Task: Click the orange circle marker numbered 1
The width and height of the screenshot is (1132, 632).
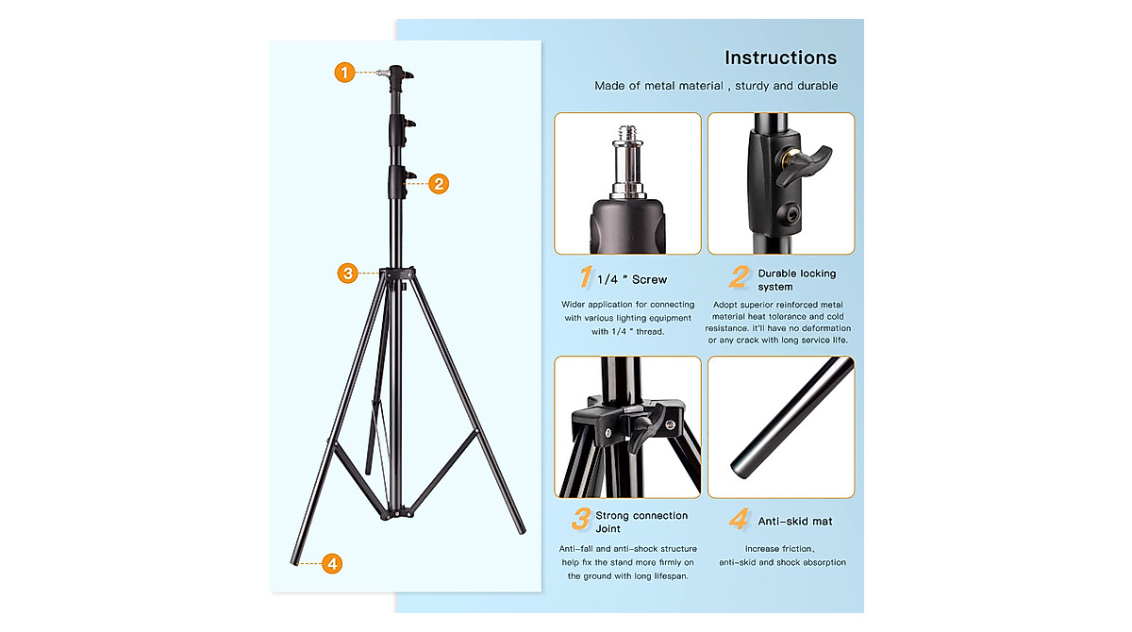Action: click(x=345, y=72)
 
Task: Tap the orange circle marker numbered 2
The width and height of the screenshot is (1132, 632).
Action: click(x=438, y=184)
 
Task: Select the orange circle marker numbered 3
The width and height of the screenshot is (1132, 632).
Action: click(x=348, y=274)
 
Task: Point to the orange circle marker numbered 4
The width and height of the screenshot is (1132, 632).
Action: click(x=331, y=564)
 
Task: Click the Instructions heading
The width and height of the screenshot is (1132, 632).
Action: click(x=780, y=58)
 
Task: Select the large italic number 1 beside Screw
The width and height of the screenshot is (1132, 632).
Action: click(x=586, y=277)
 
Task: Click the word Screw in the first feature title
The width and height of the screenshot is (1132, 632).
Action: click(x=649, y=280)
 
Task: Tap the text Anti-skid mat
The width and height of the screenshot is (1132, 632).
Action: click(x=795, y=521)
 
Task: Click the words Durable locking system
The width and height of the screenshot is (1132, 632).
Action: click(x=796, y=280)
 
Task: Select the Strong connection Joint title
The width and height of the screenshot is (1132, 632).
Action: click(x=641, y=523)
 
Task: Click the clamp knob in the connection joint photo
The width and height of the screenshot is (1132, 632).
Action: click(x=641, y=430)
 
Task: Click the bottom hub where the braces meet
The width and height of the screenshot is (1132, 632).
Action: click(x=396, y=514)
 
